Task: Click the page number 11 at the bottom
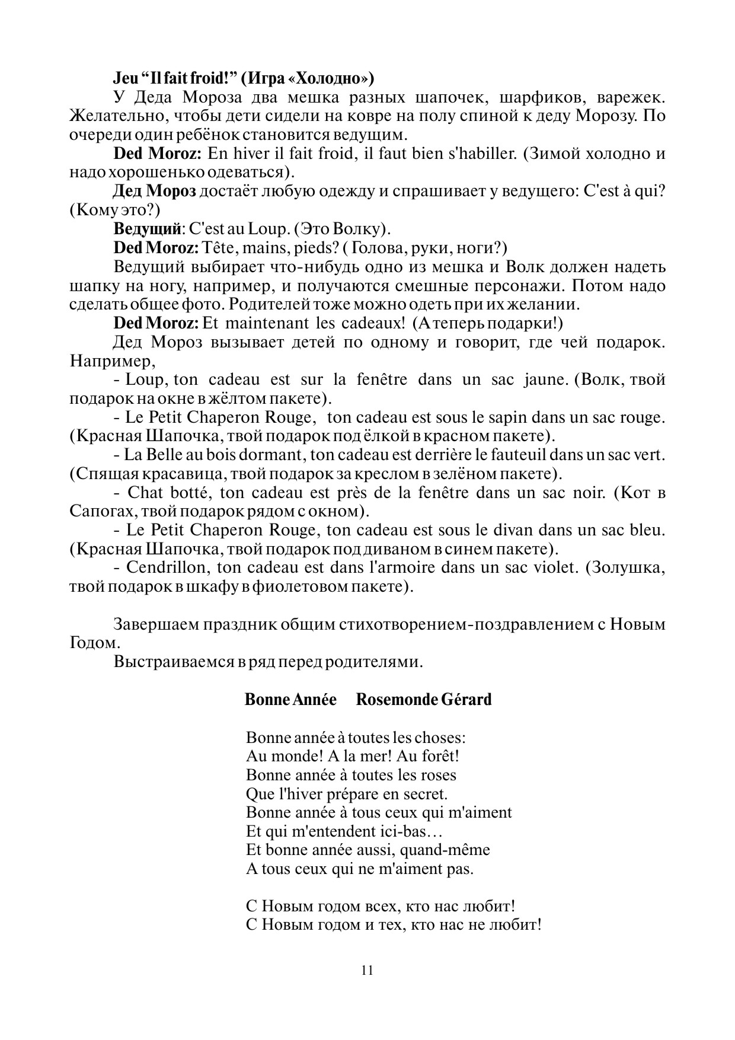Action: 367,971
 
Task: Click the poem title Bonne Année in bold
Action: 290,700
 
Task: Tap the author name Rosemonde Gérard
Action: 424,700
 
